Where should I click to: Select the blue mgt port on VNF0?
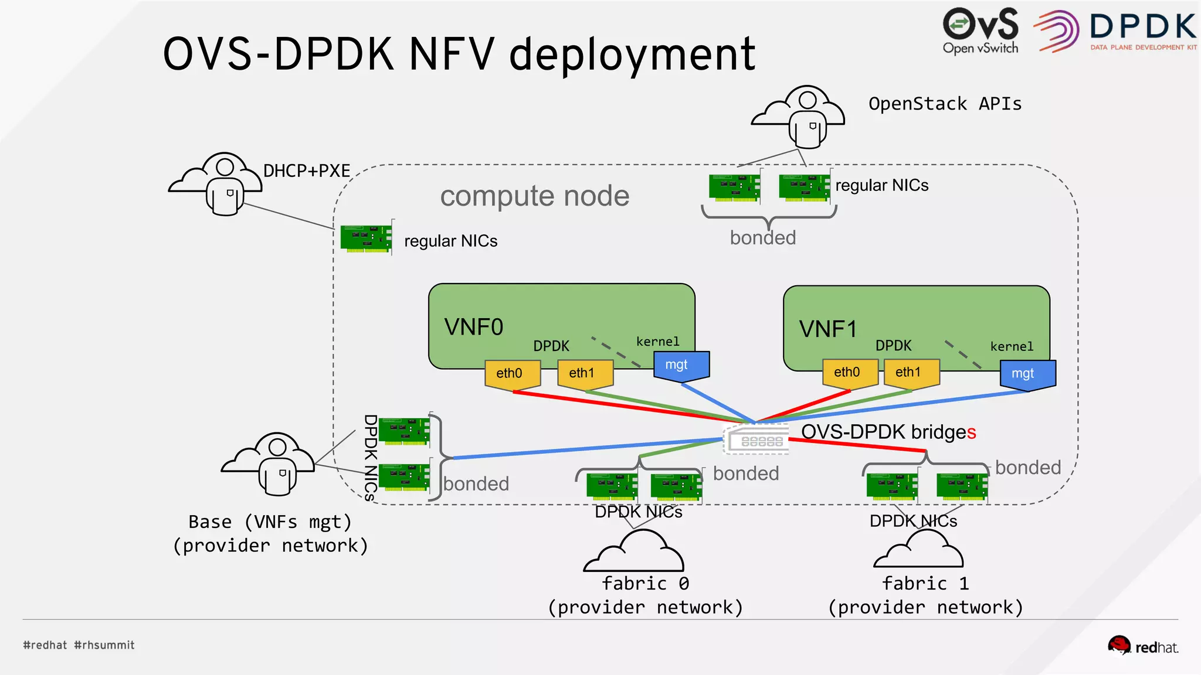(x=680, y=366)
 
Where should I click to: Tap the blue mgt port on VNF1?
(x=1027, y=374)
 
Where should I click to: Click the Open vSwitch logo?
(x=980, y=30)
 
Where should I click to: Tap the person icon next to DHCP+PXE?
(x=225, y=185)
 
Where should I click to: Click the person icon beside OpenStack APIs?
(x=808, y=117)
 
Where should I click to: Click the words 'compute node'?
(x=534, y=196)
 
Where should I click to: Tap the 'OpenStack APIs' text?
(x=945, y=104)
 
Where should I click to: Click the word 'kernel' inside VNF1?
(x=1012, y=347)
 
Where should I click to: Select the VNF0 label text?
(x=473, y=327)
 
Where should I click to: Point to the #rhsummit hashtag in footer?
(x=104, y=645)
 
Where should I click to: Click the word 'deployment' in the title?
(x=632, y=54)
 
